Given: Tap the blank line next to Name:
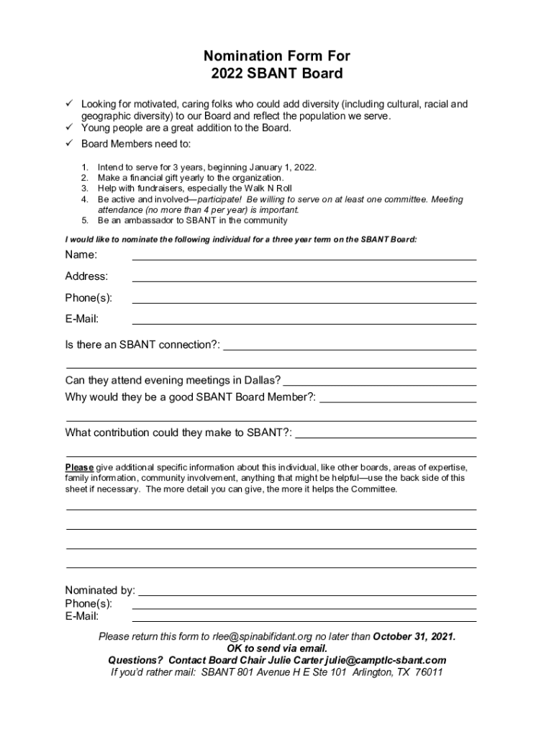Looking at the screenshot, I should point(304,257).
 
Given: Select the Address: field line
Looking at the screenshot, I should point(304,279).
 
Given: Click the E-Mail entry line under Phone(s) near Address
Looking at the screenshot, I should point(304,322).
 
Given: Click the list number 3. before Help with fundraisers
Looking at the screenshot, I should point(84,188).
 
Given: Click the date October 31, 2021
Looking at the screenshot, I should point(414,637).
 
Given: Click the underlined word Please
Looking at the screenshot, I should point(79,467).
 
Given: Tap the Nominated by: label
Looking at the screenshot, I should point(100,591).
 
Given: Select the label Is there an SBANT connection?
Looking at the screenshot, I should point(142,345).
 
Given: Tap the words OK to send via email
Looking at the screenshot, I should point(277,648).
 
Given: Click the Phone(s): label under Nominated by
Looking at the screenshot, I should point(88,603).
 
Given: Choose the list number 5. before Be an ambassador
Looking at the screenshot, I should point(84,220).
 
